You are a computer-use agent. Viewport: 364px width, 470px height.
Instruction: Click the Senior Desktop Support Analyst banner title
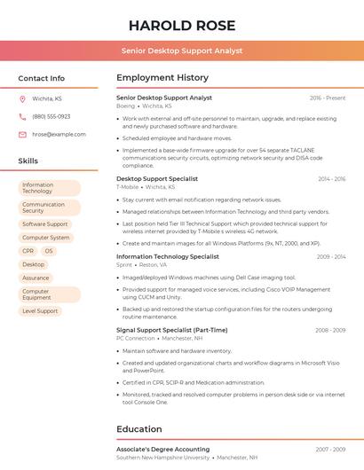coord(181,51)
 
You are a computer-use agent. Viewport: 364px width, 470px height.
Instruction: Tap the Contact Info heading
coord(41,78)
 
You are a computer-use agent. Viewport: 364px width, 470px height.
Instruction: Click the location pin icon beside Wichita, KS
coord(22,98)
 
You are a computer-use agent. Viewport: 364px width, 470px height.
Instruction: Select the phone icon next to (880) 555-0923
coord(22,116)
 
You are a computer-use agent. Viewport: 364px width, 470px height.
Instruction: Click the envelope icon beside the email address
coord(22,135)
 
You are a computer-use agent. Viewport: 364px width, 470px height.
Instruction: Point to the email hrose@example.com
coord(59,135)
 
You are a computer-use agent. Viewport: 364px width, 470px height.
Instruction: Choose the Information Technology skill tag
coord(49,188)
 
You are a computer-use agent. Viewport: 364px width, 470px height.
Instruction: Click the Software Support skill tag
coord(45,224)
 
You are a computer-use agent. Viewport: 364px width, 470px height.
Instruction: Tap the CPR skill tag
coord(28,251)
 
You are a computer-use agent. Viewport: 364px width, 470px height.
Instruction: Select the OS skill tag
coord(49,251)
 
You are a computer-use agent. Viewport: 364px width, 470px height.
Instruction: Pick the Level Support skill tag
coord(40,311)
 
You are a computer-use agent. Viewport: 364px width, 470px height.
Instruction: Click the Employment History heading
coord(162,78)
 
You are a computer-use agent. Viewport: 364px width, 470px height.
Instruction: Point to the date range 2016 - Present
coord(328,98)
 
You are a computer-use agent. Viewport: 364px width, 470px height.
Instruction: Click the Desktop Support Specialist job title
coord(157,178)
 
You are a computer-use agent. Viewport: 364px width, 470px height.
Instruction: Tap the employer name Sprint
coord(124,264)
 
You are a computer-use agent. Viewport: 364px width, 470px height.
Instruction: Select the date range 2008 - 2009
coord(330,330)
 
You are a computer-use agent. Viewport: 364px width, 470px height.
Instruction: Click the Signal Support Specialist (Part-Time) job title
coord(171,330)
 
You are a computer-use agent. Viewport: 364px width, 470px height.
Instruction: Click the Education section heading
coord(138,429)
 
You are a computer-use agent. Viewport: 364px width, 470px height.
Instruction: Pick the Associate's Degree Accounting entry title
coord(162,450)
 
